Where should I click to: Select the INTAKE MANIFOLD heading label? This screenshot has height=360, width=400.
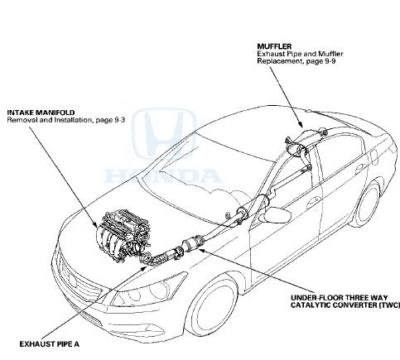pyautogui.click(x=36, y=113)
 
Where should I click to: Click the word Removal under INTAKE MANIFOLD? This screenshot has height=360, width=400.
pyautogui.click(x=23, y=121)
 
